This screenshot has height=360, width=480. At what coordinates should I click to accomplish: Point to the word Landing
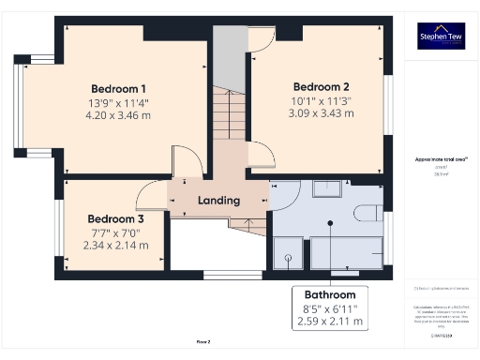click(x=218, y=200)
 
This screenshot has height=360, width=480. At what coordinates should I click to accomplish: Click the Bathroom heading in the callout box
click(x=337, y=293)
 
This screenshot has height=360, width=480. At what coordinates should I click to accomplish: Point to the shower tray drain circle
click(x=289, y=256)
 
